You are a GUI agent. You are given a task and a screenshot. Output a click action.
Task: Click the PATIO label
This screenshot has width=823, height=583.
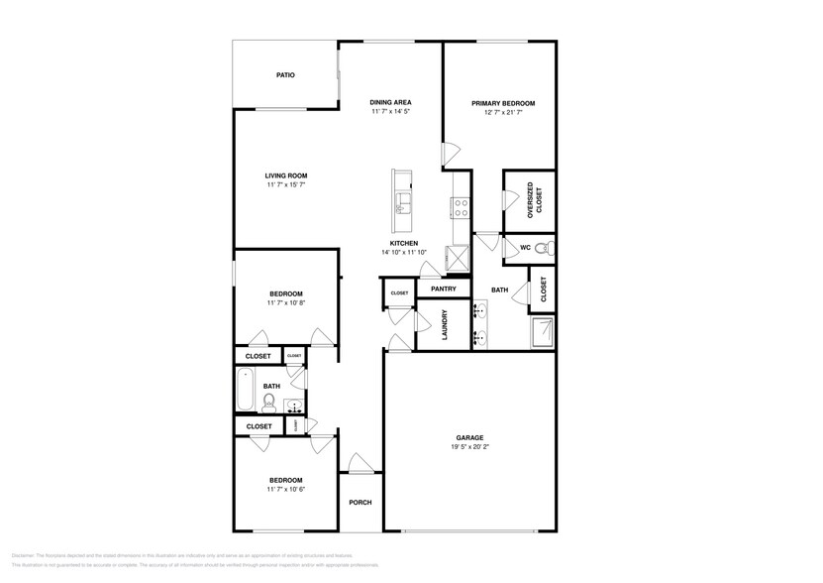tap(285, 75)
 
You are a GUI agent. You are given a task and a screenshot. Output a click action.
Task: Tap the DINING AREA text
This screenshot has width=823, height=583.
tap(390, 102)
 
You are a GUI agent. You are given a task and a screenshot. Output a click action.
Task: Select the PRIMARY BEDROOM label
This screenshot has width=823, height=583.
tap(503, 103)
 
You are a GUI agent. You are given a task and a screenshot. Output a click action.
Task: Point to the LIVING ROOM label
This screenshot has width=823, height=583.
tap(285, 175)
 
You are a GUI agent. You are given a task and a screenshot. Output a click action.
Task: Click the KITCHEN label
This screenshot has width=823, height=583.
tap(403, 243)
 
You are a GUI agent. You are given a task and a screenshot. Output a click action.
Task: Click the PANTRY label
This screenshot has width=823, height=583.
tap(444, 290)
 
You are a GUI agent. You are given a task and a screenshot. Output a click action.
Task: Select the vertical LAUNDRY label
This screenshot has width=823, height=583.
tap(445, 326)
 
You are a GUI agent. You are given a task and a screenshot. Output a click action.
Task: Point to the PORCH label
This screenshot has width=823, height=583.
tap(360, 502)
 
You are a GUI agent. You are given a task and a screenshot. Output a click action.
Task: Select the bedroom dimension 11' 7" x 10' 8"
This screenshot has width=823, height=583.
tap(285, 303)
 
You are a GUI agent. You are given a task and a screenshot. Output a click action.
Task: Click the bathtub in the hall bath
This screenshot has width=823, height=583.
tap(244, 391)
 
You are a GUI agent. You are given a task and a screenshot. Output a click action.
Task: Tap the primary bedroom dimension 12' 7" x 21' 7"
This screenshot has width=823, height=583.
tap(503, 113)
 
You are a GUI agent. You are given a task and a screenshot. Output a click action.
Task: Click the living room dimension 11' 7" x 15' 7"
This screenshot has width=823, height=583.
tap(285, 185)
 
